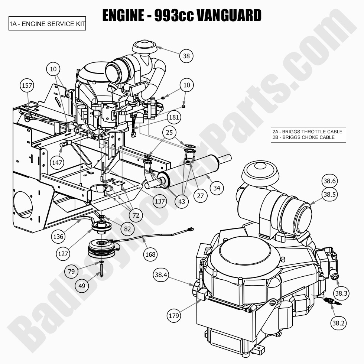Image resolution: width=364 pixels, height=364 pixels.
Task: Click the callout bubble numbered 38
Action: coord(186,56)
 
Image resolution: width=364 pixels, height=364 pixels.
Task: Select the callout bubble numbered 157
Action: coord(27,86)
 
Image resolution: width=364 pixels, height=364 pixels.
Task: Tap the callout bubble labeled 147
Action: coord(57,162)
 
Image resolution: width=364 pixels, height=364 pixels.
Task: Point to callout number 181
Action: coord(174,118)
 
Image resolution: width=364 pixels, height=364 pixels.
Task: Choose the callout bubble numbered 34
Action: coord(217,188)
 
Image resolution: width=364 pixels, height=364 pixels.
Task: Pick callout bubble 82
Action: coord(127,229)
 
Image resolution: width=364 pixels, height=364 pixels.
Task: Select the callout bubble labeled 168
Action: coord(150,254)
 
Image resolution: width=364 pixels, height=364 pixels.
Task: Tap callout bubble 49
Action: coord(82,286)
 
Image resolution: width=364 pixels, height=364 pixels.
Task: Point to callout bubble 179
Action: coord(173,316)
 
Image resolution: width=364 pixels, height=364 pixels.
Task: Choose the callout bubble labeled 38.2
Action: coord(338,323)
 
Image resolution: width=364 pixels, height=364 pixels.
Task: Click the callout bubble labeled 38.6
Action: coord(329,181)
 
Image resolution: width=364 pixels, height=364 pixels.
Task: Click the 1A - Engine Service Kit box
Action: coord(47,24)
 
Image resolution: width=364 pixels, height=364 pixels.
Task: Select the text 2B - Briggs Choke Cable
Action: coord(303,137)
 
